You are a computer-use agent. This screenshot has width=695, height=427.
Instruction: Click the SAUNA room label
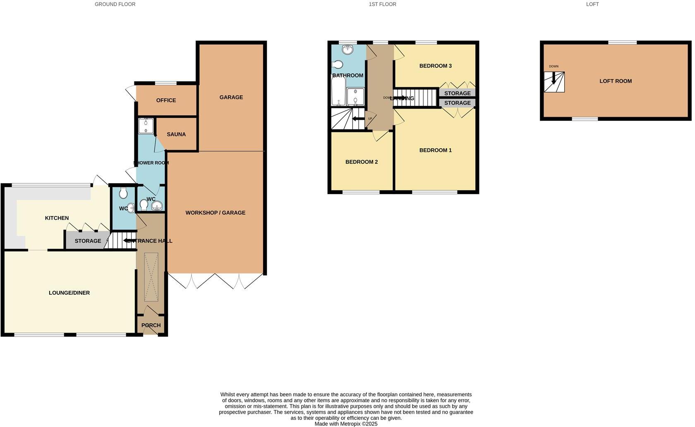(x=176, y=134)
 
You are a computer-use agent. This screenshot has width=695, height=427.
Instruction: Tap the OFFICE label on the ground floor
(x=166, y=101)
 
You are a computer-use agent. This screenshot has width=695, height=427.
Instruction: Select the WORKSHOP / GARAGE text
(x=215, y=213)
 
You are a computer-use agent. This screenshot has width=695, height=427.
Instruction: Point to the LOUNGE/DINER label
(x=69, y=293)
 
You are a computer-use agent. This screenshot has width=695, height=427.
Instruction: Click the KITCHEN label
(x=57, y=218)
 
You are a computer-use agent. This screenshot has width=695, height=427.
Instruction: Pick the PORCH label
(x=151, y=326)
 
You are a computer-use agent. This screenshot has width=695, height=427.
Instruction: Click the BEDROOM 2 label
(x=362, y=162)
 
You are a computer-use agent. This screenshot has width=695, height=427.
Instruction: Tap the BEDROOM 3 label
(x=435, y=66)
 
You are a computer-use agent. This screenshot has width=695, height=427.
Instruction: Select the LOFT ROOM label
(x=616, y=81)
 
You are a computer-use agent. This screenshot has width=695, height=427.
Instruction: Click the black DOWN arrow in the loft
(x=554, y=78)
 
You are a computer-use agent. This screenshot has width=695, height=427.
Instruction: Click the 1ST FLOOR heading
(x=382, y=4)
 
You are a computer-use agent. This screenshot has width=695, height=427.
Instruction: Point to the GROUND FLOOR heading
(x=115, y=4)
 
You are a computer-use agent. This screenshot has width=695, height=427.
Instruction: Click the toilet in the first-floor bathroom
(x=338, y=65)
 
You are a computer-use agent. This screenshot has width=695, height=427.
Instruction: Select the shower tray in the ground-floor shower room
(x=146, y=126)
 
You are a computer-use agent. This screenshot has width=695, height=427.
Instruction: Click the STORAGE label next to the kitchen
(x=88, y=241)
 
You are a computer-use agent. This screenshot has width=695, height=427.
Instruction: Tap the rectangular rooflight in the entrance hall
(x=151, y=277)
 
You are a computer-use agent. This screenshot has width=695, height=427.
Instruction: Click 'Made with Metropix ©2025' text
(x=346, y=424)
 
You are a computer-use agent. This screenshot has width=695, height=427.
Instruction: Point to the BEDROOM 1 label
(x=435, y=150)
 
